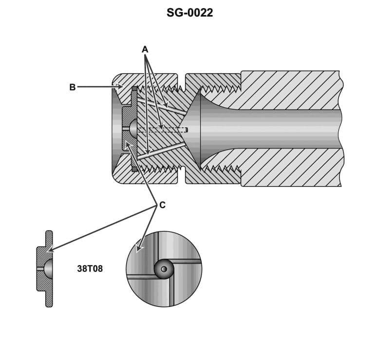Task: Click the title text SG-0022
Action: (189, 13)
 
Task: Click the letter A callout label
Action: (145, 49)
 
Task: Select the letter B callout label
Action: (72, 88)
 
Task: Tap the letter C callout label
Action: (162, 206)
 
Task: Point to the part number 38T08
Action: (90, 268)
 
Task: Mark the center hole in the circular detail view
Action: (164, 269)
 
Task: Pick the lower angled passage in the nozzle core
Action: (161, 152)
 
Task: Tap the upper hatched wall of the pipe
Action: (292, 90)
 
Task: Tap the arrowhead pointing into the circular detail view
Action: (139, 249)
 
